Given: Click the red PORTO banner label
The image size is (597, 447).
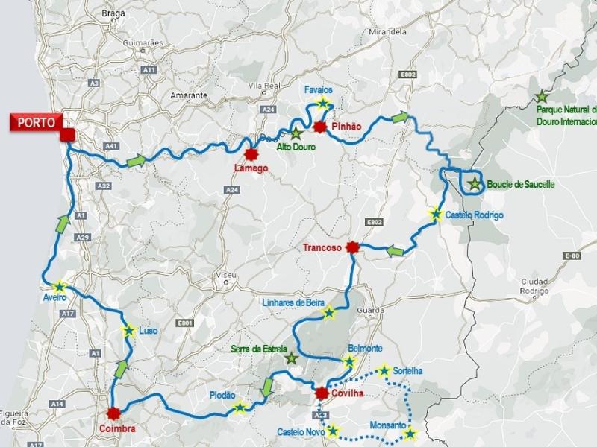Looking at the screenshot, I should click(x=34, y=122).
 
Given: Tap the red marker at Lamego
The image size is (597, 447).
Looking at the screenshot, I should click(x=251, y=154).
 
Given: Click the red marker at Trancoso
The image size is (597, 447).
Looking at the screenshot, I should click(x=354, y=249).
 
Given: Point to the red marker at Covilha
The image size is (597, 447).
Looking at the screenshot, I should click(x=322, y=393).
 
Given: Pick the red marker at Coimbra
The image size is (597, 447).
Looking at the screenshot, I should click(x=113, y=413).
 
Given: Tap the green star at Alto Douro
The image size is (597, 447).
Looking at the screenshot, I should click(x=296, y=134).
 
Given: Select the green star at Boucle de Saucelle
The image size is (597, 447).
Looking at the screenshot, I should click(x=474, y=184).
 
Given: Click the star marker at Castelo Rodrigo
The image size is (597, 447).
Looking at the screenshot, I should click(x=435, y=214).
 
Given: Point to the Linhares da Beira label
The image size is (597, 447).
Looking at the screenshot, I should click(x=295, y=302).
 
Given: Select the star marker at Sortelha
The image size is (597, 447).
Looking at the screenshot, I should click(x=384, y=370).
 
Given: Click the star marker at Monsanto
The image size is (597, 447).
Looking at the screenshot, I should click(x=409, y=434).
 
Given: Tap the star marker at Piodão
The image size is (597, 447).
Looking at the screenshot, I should click(x=240, y=407).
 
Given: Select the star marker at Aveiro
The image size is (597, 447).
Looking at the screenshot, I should click(x=59, y=285).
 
